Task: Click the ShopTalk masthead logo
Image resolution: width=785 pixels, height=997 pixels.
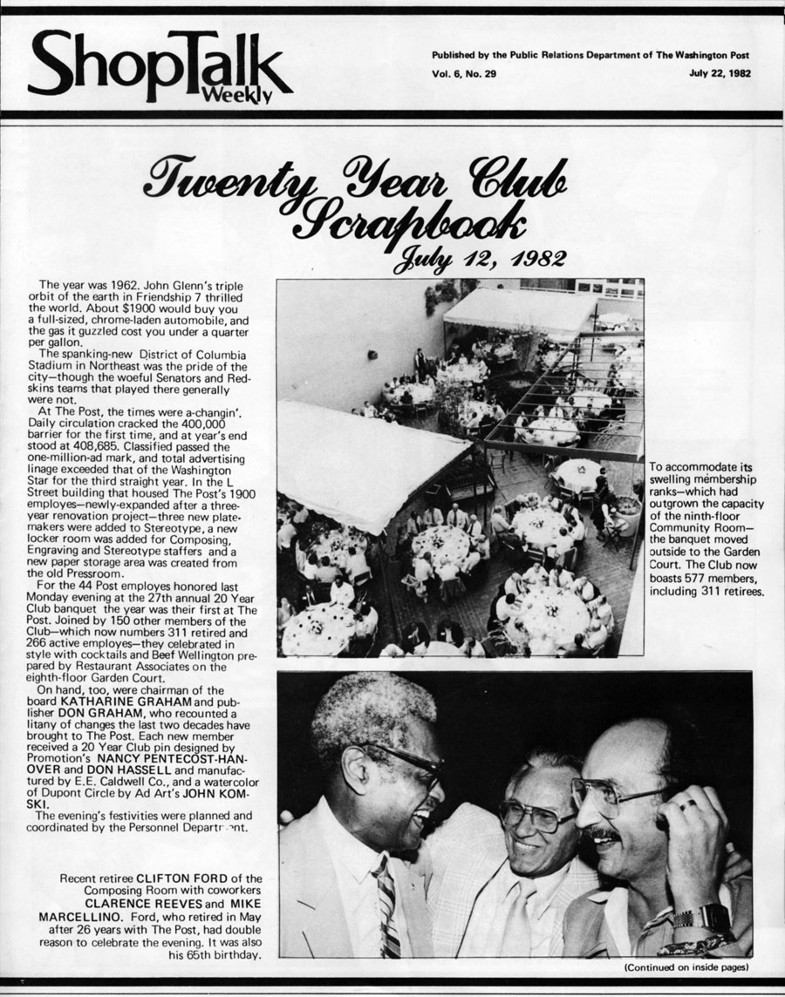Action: (x=157, y=65)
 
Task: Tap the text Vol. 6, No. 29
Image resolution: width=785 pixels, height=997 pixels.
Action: (x=464, y=73)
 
